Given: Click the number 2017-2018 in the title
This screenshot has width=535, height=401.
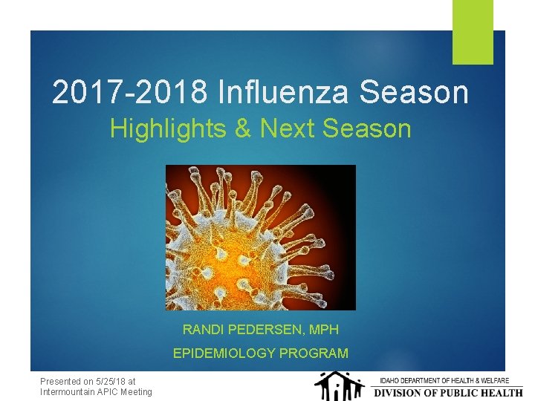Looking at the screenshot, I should [x=131, y=93].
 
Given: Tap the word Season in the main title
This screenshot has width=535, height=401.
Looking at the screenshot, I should [x=422, y=93].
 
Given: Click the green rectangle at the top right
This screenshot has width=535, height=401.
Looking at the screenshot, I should [x=473, y=31].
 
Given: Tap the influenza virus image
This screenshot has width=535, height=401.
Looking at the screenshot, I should [x=260, y=237].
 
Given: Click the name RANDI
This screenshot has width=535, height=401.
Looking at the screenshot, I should [x=201, y=329].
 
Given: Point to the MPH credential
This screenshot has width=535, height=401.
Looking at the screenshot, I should [x=323, y=329].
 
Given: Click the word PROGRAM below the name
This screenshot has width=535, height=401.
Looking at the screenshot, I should [x=314, y=353].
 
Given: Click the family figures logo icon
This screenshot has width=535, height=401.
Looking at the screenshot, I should [x=338, y=386].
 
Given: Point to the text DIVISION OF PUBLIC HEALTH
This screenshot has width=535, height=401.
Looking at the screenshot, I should [x=447, y=392].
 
